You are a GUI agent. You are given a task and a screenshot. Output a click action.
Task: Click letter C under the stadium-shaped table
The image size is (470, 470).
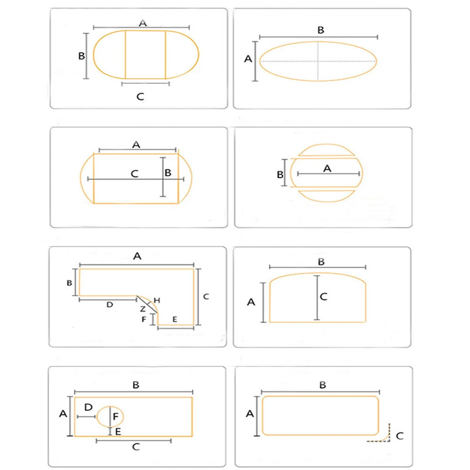(x=140, y=97)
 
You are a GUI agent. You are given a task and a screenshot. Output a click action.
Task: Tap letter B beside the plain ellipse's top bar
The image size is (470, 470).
(x=321, y=30)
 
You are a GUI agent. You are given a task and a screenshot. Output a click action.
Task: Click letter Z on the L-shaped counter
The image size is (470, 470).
(x=142, y=309)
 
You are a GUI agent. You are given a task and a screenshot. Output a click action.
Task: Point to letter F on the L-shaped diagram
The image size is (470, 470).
(x=144, y=320)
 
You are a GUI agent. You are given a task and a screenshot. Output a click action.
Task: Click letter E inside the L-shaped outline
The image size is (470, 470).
(x=174, y=319)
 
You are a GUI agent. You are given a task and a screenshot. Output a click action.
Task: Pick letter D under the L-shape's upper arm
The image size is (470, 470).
(x=110, y=305)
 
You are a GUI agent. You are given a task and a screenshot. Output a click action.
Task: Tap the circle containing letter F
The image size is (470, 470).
(x=110, y=417)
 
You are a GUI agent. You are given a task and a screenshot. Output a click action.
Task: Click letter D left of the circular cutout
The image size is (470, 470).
(x=88, y=406)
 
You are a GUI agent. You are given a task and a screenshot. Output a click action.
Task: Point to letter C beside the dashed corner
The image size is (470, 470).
(x=399, y=436)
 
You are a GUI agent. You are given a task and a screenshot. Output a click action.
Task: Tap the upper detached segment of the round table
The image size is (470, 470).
(x=327, y=149)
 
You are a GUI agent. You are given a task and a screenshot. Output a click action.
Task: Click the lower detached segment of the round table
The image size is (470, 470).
(x=327, y=195)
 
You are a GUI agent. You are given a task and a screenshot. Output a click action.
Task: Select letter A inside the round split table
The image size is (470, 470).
(x=328, y=168)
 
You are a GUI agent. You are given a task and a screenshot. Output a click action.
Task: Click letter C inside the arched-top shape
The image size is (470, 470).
(x=323, y=297)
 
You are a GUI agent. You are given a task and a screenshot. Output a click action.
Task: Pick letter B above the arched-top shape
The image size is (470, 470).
(x=321, y=261)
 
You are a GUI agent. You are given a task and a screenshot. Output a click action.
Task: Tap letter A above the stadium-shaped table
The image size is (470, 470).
(x=142, y=22)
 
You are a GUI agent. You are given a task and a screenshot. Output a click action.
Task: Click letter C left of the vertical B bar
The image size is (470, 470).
(x=134, y=173)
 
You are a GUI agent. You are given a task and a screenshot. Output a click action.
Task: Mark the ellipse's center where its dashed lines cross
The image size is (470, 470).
(x=318, y=61)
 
